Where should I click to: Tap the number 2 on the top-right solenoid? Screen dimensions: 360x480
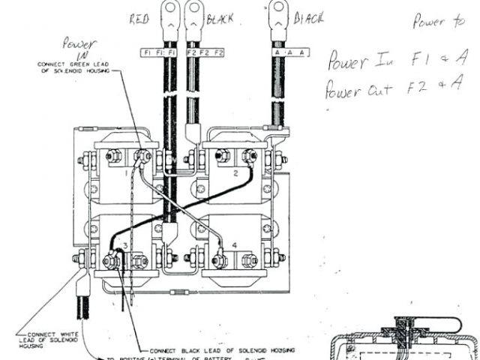click(x=235, y=172)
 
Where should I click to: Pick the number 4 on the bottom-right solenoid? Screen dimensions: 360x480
click(x=235, y=245)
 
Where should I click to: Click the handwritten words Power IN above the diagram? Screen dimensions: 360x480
click(x=80, y=49)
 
